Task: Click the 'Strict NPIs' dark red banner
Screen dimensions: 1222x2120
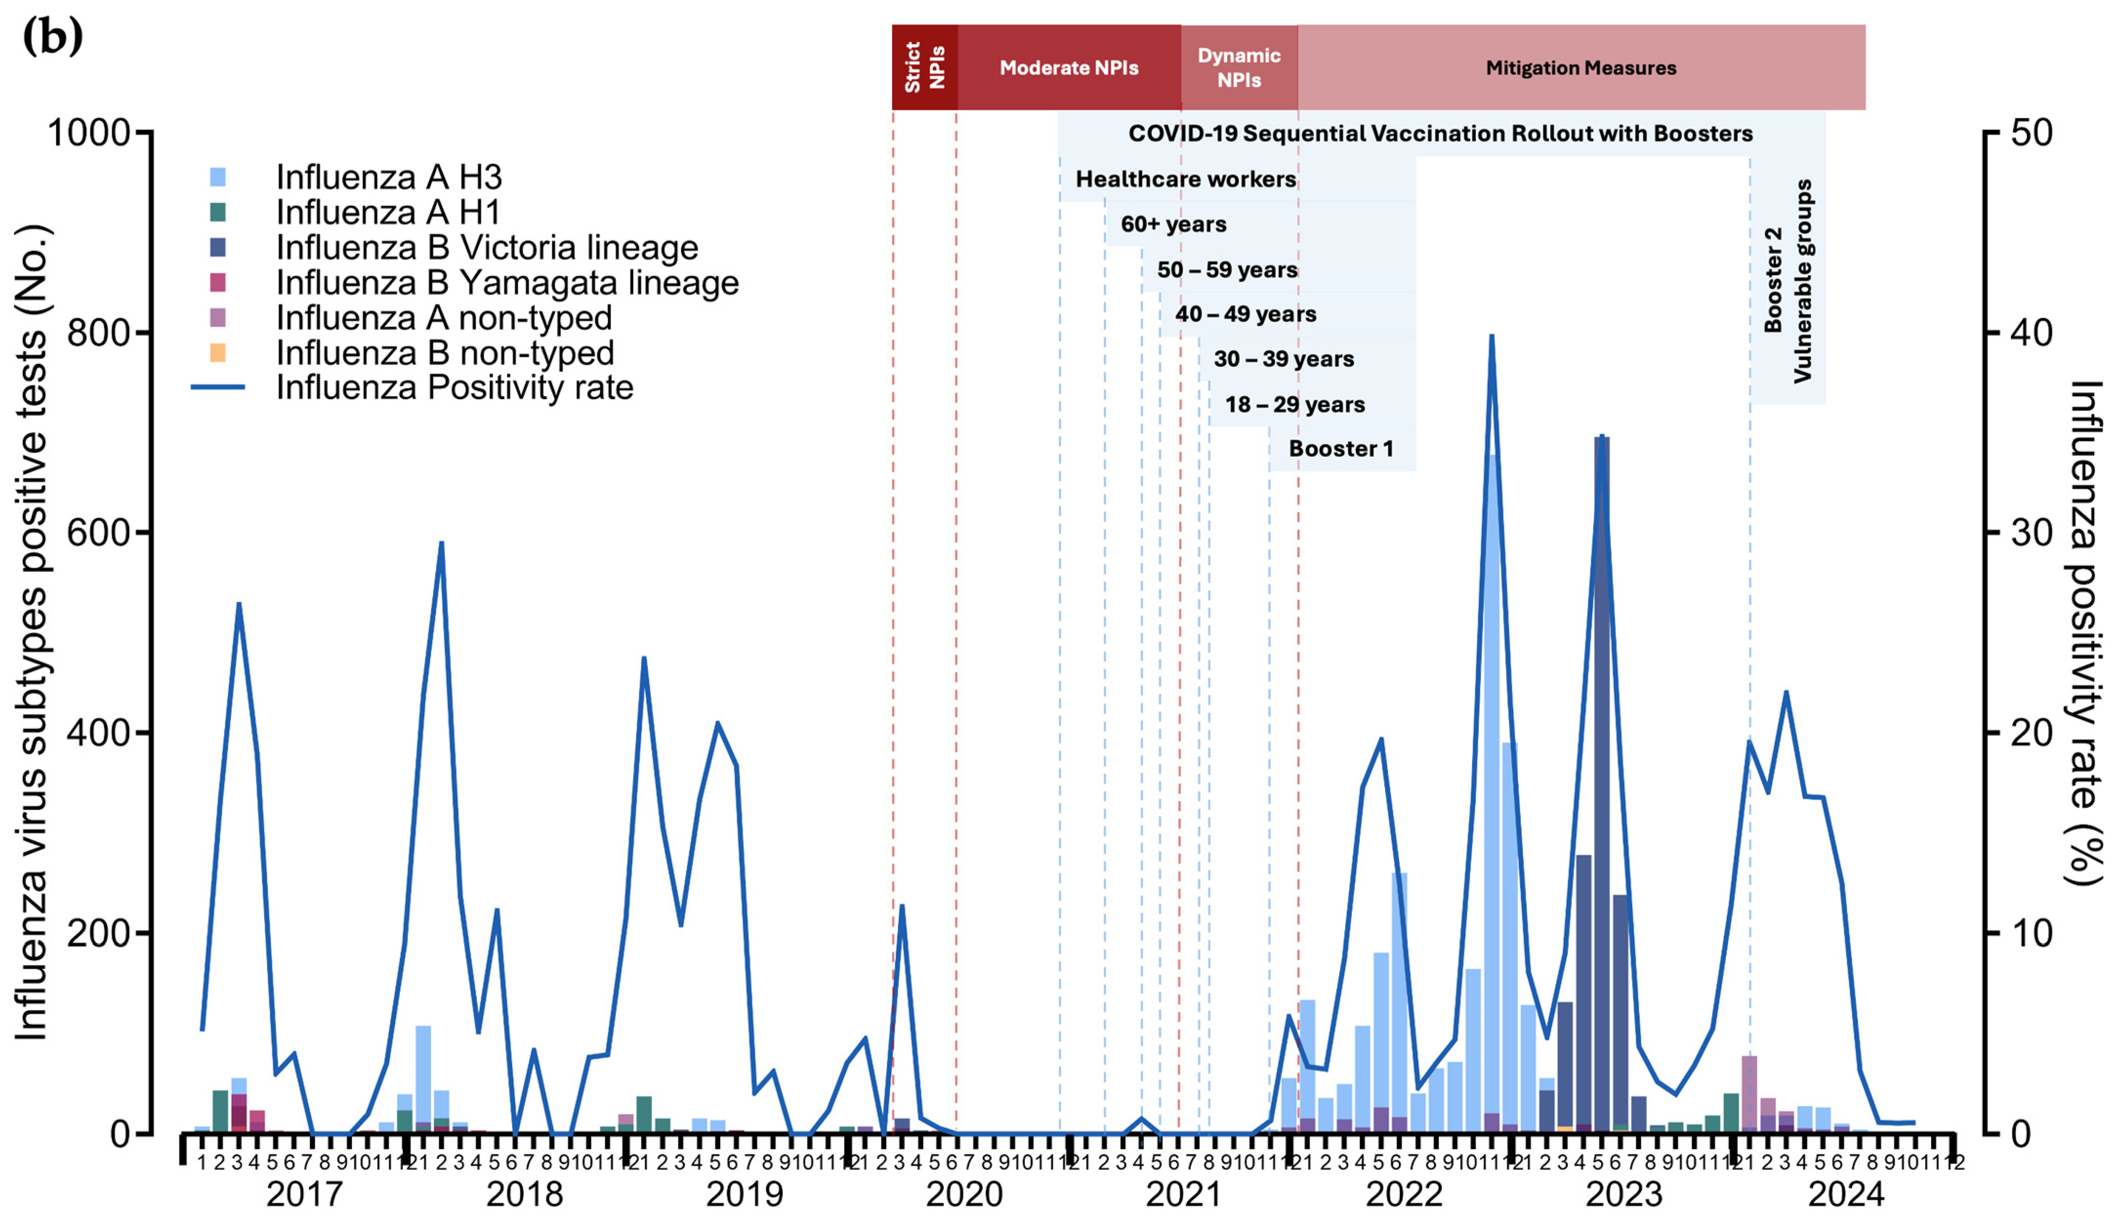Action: (x=925, y=67)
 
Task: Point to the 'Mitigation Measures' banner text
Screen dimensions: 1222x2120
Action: (x=1580, y=68)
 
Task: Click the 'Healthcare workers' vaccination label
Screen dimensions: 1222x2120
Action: (x=1185, y=179)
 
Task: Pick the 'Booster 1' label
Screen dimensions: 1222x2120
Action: (x=1341, y=448)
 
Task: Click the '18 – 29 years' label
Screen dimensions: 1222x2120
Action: (x=1294, y=404)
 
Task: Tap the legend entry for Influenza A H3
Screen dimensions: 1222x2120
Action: (x=389, y=177)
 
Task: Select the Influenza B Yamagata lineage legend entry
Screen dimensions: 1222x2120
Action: (x=507, y=283)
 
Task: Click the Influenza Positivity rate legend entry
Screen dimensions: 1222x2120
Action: (x=454, y=388)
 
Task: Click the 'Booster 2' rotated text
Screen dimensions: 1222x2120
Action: (x=1773, y=279)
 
